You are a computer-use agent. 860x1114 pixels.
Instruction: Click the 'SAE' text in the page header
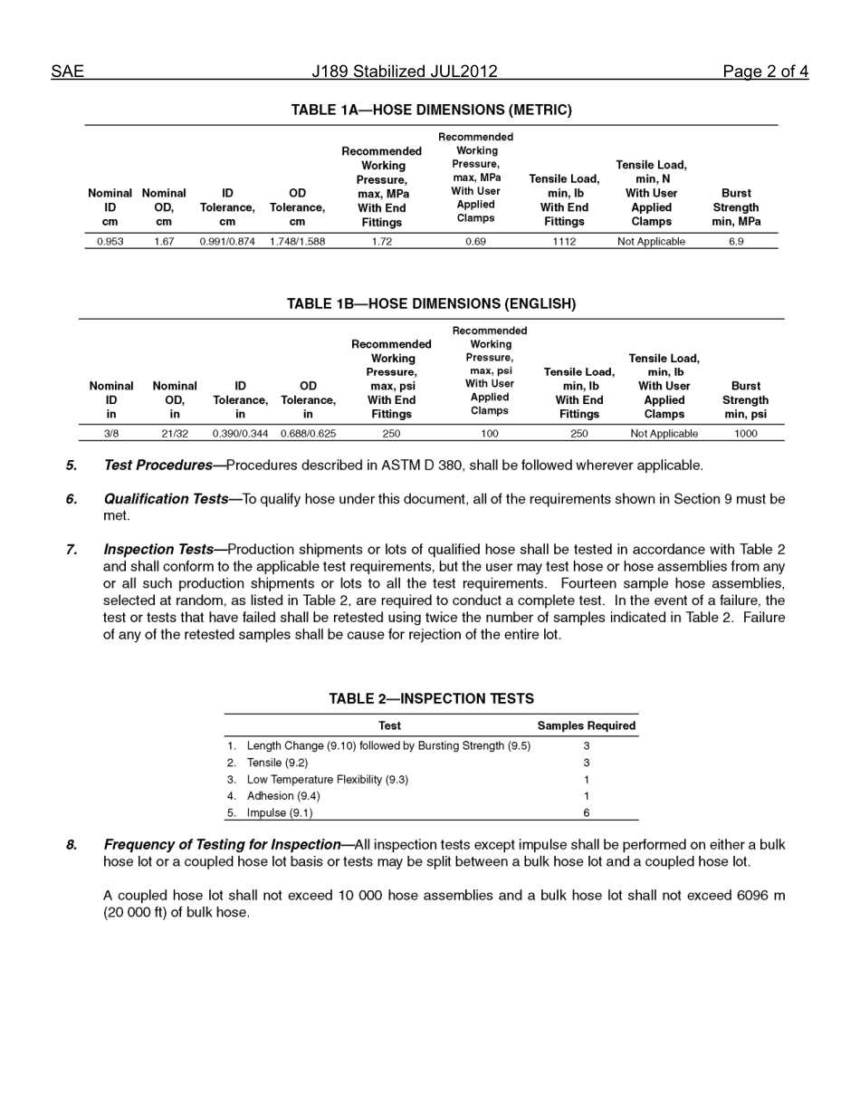coord(67,72)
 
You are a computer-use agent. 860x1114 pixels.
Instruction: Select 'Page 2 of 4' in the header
coord(765,72)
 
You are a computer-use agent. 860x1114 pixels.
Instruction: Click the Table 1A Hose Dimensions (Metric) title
coord(431,110)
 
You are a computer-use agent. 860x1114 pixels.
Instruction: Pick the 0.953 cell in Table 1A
coord(110,242)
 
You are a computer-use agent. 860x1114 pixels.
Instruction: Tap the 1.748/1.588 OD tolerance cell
coord(297,242)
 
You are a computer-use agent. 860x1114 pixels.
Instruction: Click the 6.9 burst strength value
coord(736,242)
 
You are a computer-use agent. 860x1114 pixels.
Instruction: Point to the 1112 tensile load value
coord(564,242)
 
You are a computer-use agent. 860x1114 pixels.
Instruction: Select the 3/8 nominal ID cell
coord(111,434)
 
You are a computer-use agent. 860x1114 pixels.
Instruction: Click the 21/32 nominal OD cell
coord(175,434)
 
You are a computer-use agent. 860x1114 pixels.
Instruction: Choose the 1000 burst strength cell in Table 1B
coord(746,434)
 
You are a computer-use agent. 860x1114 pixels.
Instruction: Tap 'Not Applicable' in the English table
coord(664,434)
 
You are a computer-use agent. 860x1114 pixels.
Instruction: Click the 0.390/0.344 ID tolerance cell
coord(240,434)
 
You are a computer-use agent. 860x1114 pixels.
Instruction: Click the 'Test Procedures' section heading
coord(158,466)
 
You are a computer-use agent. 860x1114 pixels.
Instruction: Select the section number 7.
coord(72,550)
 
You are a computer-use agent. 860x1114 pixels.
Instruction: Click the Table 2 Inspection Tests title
coord(431,698)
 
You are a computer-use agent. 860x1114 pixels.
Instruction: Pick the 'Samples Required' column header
coord(587,725)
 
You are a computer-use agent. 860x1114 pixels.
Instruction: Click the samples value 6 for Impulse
coord(587,813)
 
